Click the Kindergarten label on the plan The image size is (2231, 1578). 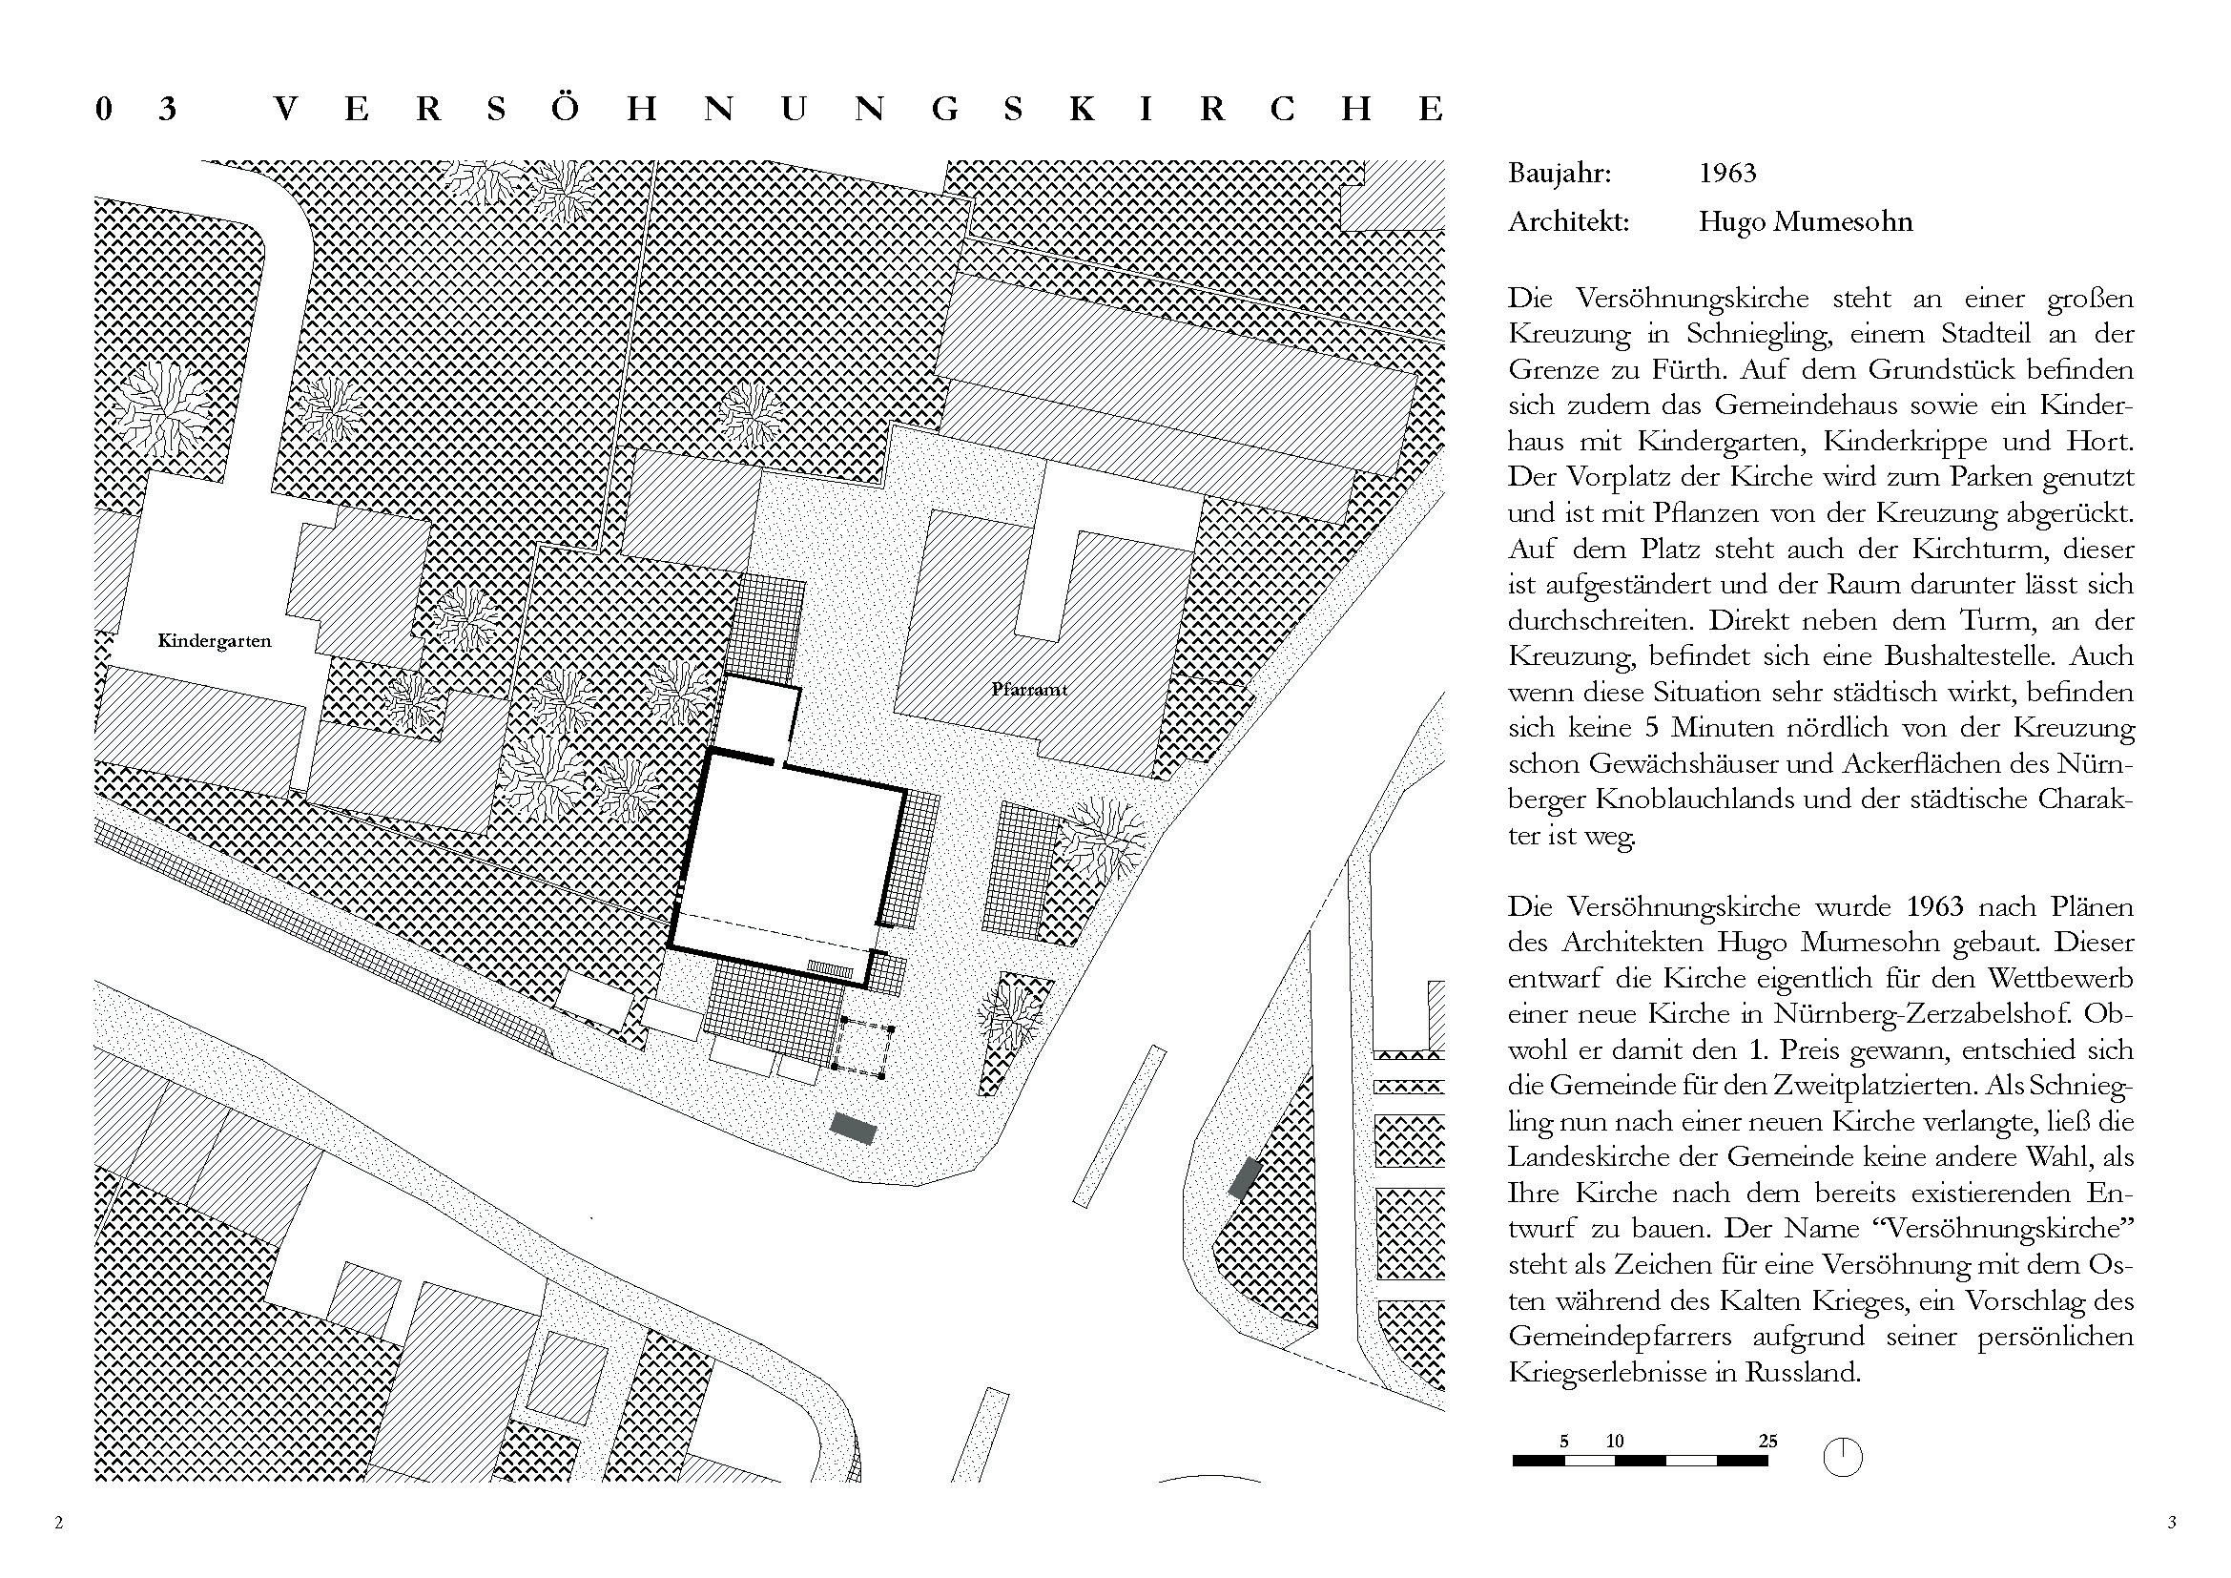click(x=215, y=641)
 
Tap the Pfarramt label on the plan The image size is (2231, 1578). click(x=1029, y=690)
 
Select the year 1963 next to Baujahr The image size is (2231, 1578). click(x=1726, y=174)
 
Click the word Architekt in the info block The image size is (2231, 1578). click(x=1567, y=222)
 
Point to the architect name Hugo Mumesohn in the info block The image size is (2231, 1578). click(x=1805, y=222)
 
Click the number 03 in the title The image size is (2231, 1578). click(x=136, y=109)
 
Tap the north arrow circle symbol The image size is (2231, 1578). click(x=1843, y=1458)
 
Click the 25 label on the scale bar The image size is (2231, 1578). click(x=1767, y=1441)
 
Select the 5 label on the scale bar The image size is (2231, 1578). click(x=1564, y=1441)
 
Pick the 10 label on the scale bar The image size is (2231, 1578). click(x=1615, y=1441)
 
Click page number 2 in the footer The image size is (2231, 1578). click(x=59, y=1523)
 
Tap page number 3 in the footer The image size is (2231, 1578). click(x=2172, y=1523)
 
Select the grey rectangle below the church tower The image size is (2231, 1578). click(x=853, y=1128)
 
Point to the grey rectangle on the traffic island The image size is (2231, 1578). click(x=1245, y=1177)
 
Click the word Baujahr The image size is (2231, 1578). click(x=1559, y=174)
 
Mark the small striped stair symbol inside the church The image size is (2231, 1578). click(x=831, y=967)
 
